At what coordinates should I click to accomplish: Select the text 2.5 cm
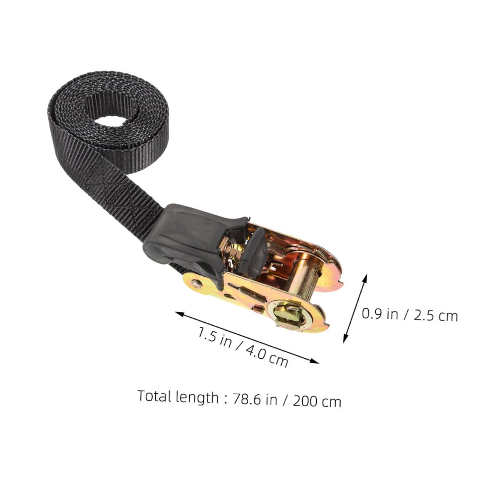pyautogui.click(x=436, y=315)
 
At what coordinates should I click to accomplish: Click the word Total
pyautogui.click(x=155, y=396)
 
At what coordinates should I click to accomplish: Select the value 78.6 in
pyautogui.click(x=255, y=399)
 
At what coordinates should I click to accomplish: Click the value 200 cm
pyautogui.click(x=317, y=401)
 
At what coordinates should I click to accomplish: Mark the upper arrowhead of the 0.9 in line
pyautogui.click(x=366, y=276)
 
